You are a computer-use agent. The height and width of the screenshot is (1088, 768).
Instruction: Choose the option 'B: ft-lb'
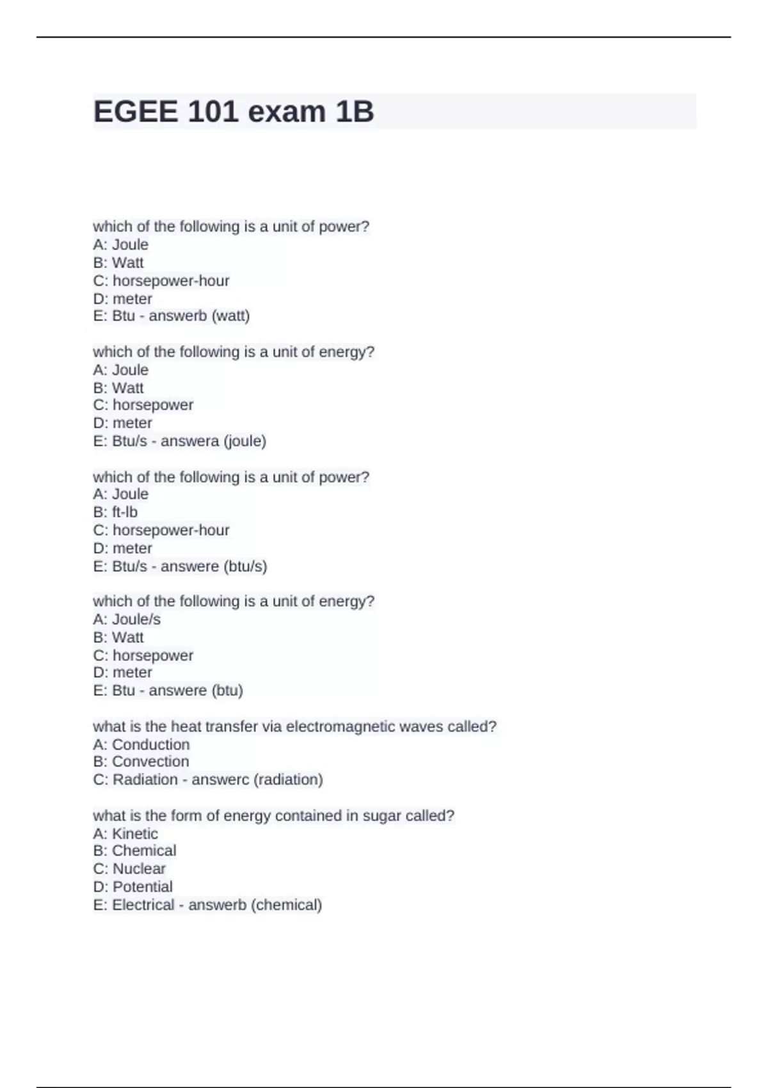[115, 512]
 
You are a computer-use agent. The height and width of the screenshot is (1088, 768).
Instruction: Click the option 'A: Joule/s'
[127, 620]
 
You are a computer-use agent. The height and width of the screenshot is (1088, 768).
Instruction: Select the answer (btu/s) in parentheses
[246, 566]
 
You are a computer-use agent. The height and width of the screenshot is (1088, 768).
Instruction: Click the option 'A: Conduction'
[141, 744]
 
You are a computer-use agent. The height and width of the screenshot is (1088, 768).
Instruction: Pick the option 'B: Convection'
[141, 762]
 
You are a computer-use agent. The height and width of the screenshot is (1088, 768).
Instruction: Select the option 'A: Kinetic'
[125, 833]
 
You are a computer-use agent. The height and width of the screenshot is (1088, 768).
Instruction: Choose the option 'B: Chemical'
[134, 851]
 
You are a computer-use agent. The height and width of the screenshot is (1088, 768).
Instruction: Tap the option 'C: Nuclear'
[129, 868]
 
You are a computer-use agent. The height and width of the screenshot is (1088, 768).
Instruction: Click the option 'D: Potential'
[133, 886]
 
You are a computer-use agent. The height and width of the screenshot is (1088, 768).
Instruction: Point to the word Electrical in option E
[143, 905]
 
